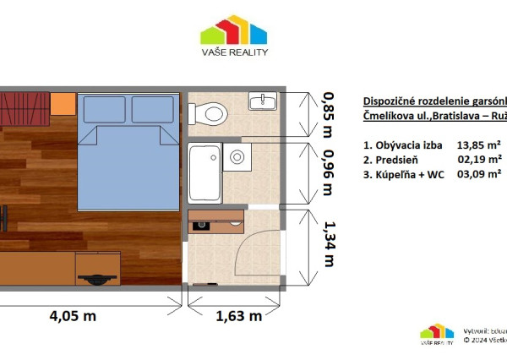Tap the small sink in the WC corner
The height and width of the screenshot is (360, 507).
pos(262,101)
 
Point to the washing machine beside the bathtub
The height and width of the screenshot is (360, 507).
pos(238,156)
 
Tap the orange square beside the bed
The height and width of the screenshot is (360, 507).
pos(63,105)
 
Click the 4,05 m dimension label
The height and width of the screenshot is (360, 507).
pos(71,317)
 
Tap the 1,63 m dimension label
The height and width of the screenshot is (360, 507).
pos(234,317)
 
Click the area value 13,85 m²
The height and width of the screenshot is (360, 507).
pos(479,145)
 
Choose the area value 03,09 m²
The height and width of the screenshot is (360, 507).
pos(479,172)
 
